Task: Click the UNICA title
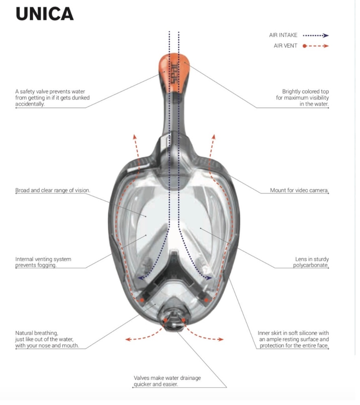(45, 14)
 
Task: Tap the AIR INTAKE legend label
(283, 35)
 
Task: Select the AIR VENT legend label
(285, 46)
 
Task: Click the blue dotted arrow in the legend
(316, 36)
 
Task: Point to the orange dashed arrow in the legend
(316, 46)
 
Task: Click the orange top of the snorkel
(174, 72)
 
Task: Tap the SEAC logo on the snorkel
(174, 73)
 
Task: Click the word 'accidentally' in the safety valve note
(30, 104)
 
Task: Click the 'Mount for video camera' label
(299, 190)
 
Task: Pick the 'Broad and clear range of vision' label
(52, 190)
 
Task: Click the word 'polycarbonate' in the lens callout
(311, 265)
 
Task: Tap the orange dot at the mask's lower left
(142, 300)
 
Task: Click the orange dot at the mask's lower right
(206, 300)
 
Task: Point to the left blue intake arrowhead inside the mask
(141, 278)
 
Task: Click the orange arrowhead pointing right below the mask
(221, 339)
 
